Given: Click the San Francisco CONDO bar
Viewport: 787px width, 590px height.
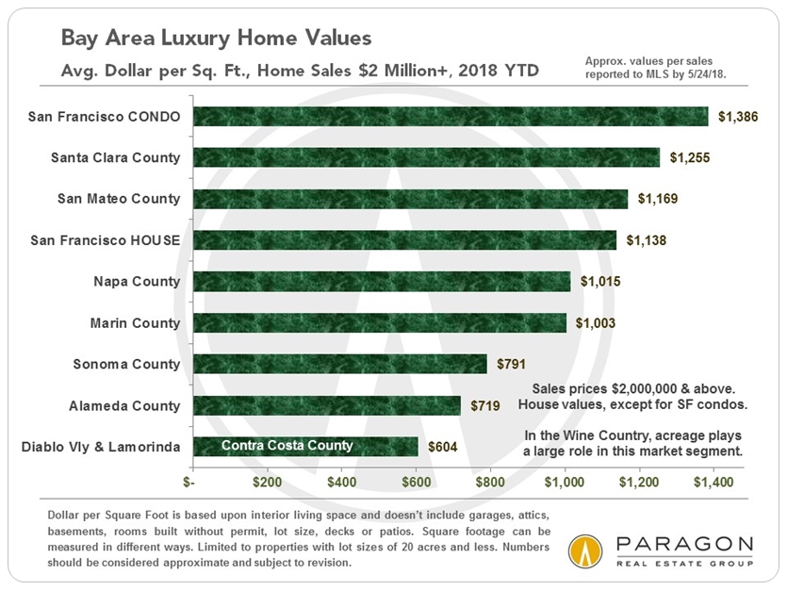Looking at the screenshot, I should [451, 116].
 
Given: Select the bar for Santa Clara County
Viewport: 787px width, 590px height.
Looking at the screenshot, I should [426, 157].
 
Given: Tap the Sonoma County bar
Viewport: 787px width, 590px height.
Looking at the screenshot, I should [339, 364].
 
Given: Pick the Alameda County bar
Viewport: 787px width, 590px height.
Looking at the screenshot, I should [326, 405].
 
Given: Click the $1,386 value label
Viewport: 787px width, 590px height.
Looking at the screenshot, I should [737, 117].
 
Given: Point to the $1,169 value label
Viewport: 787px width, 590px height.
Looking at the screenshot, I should [658, 199].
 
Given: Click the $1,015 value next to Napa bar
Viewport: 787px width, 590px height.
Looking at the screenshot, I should [600, 282].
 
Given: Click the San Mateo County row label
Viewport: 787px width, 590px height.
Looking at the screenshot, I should [119, 199].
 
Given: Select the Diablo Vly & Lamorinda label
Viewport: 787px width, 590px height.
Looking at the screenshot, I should [100, 447].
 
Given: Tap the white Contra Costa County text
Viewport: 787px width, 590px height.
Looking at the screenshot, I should [287, 446].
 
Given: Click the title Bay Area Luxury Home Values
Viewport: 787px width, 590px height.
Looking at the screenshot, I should [217, 38].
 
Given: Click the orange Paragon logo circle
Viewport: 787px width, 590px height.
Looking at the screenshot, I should [586, 551].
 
